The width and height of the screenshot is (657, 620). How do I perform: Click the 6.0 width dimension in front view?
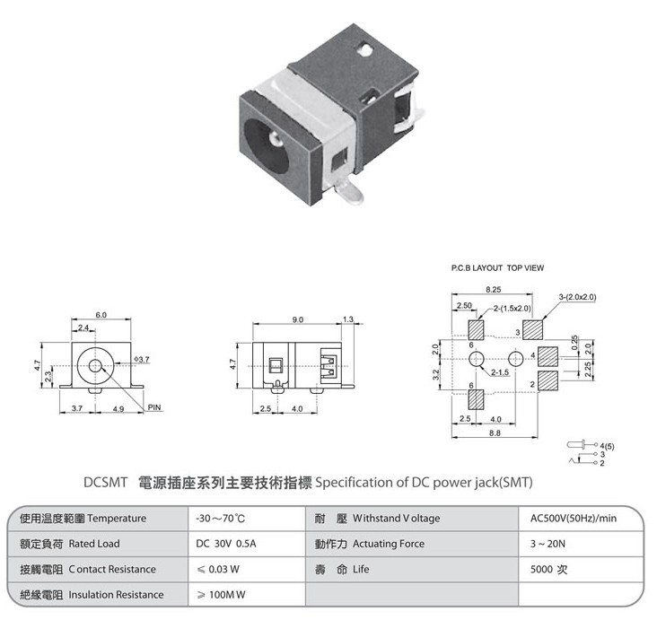(101, 315)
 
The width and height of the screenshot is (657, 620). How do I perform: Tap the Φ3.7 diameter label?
(142, 360)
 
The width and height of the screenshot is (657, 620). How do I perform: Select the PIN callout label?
(154, 407)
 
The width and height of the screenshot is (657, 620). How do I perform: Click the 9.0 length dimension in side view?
(297, 319)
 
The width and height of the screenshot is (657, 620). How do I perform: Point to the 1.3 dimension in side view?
(347, 319)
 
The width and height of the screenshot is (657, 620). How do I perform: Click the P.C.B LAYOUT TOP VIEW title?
(497, 268)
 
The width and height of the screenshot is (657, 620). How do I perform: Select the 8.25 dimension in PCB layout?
(493, 290)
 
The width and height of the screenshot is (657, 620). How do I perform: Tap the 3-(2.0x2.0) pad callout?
(577, 297)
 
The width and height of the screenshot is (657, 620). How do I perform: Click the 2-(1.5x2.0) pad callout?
(512, 309)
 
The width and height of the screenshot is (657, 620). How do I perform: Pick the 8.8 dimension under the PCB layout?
(495, 432)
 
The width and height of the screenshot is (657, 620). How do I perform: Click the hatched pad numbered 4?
(547, 356)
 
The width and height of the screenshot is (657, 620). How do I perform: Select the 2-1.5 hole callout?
(500, 372)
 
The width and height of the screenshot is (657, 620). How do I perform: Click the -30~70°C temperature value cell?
(221, 519)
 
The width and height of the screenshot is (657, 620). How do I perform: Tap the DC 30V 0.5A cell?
(226, 544)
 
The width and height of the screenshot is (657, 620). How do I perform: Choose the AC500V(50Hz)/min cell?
(574, 519)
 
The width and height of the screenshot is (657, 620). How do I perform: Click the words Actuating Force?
(389, 544)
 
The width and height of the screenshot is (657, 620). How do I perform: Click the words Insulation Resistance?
(116, 595)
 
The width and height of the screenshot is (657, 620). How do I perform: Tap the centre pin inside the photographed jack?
(275, 137)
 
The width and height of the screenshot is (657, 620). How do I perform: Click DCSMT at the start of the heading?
(105, 483)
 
